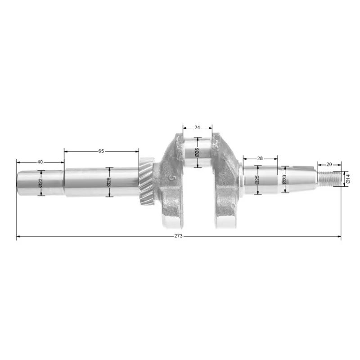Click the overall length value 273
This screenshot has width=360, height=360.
coord(178,236)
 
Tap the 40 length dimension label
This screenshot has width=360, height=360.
coord(40,162)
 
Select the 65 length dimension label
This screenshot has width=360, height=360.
coord(101,151)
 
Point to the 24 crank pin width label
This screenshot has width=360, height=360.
coord(197,127)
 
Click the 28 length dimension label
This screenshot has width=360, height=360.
coord(260,158)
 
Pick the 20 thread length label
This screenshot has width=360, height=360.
coord(329,164)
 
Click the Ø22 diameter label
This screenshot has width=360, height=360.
coord(40,183)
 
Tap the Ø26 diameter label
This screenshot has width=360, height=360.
coord(197,153)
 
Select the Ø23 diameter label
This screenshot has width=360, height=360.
coord(284,179)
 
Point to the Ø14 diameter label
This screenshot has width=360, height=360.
coord(348,179)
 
